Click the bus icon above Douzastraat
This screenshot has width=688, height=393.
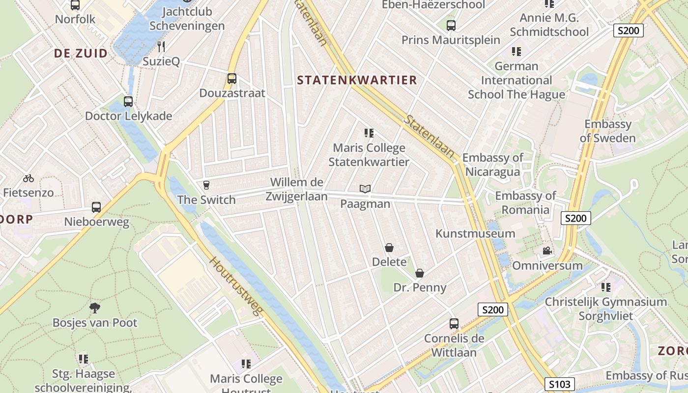tap(231, 79)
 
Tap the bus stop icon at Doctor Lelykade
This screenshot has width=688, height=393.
tap(128, 102)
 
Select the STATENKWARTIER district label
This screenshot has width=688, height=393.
tap(357, 80)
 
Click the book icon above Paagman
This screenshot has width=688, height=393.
tap(365, 189)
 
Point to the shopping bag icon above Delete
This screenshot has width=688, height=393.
tap(389, 248)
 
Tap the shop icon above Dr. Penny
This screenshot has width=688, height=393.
tap(420, 273)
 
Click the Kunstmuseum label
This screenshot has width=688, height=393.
tap(475, 233)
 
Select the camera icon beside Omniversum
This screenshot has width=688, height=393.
tap(547, 251)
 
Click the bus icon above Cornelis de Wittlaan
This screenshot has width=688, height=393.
tap(454, 324)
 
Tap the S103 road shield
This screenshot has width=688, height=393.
tap(559, 384)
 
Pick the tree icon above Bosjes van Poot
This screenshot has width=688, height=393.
tap(95, 308)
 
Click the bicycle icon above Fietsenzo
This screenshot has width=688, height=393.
tap(29, 178)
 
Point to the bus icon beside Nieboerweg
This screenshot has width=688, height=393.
tap(96, 207)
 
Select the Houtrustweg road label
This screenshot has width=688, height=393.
tap(236, 286)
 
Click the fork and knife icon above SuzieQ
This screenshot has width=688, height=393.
tap(161, 47)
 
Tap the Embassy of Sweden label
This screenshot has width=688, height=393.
tap(607, 131)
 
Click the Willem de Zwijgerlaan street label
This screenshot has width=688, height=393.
tap(296, 189)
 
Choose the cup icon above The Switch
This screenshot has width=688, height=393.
tap(206, 185)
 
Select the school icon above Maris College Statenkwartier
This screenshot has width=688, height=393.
tap(369, 133)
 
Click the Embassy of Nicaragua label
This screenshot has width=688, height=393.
tap(492, 165)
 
